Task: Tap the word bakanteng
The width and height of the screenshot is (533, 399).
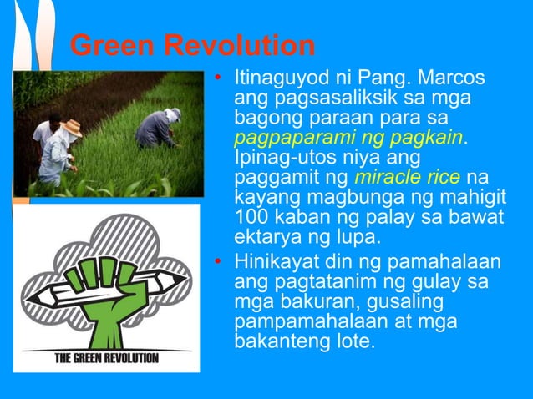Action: pos(276,341)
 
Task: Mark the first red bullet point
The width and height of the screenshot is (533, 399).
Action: pos(218,81)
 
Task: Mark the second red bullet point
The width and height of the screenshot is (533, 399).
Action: pos(218,264)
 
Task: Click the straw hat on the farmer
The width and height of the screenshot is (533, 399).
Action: pos(72,127)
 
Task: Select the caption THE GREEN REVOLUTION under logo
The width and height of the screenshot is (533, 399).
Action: pos(106,359)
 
